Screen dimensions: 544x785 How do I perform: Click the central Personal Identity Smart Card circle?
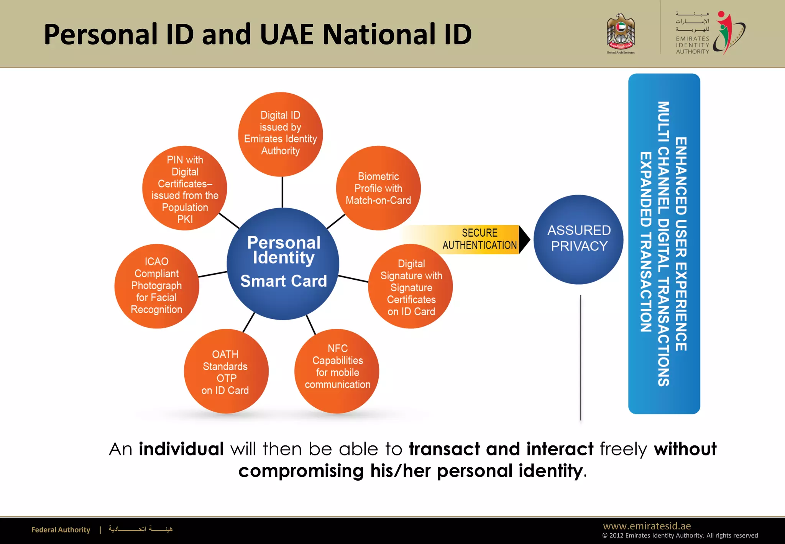(283, 264)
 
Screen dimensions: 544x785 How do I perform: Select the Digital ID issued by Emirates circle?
(280, 134)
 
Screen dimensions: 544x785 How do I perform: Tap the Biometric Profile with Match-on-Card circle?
(378, 188)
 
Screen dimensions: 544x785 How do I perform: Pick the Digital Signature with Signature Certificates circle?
(411, 287)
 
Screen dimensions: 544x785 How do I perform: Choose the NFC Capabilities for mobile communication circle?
(337, 371)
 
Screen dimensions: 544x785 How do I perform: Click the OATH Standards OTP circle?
(226, 371)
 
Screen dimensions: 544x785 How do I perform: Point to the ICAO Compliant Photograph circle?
(156, 286)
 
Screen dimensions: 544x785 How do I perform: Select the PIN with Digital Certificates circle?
(185, 188)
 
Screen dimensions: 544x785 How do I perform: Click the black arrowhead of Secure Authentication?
(524, 240)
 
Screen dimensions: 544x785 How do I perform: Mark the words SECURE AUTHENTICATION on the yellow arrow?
(480, 239)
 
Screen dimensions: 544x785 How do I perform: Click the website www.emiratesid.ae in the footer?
(647, 526)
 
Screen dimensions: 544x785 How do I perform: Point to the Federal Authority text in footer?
(61, 530)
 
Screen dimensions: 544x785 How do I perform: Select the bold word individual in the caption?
(181, 448)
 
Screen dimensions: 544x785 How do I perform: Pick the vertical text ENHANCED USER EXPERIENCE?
(681, 244)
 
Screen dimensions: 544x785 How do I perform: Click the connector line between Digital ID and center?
(282, 192)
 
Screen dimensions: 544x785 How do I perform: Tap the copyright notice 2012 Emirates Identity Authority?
(680, 536)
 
